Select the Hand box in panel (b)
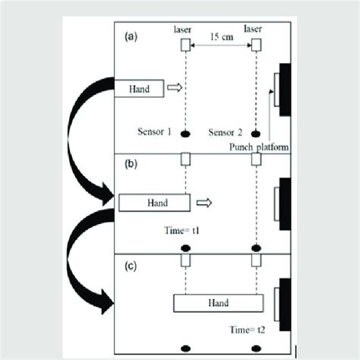[x=154, y=202]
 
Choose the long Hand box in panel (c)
[x=218, y=302]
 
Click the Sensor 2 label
[x=224, y=132]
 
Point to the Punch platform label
[x=258, y=148]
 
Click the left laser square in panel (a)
[x=185, y=46]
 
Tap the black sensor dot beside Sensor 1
[x=185, y=134]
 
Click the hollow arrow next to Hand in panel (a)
[x=175, y=89]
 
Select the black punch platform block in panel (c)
[x=286, y=305]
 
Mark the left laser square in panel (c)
[x=185, y=261]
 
